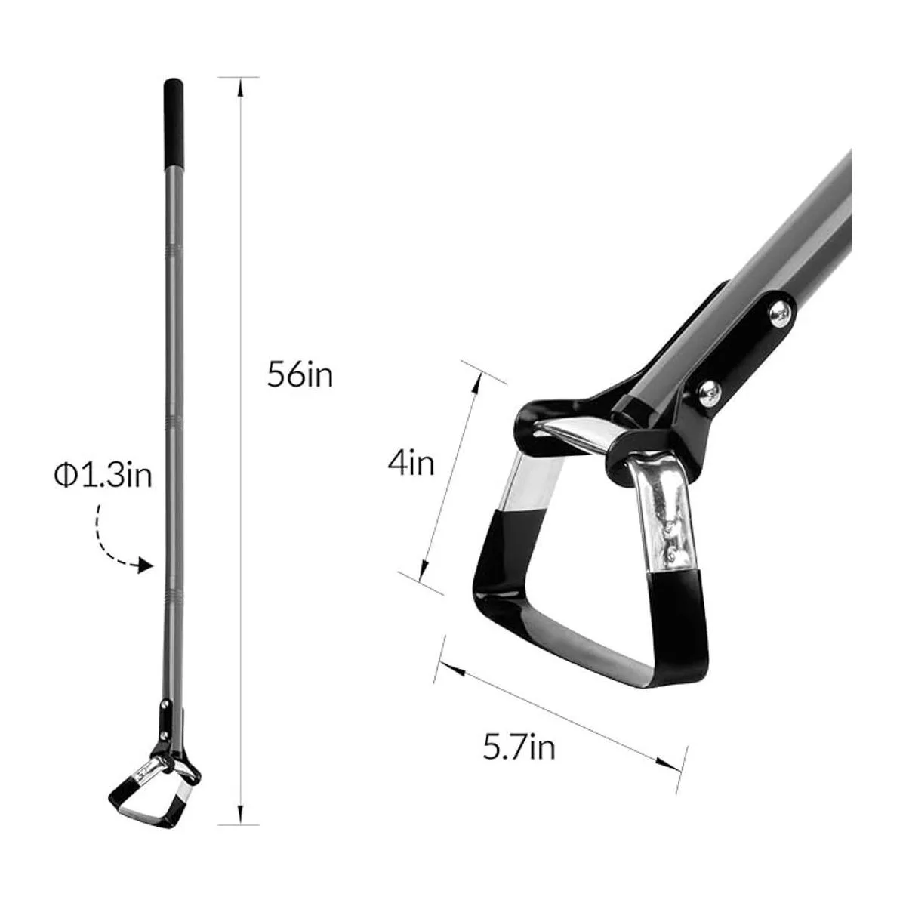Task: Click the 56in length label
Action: [x=300, y=375]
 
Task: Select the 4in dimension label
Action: [x=411, y=463]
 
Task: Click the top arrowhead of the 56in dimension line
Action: [x=240, y=85]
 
